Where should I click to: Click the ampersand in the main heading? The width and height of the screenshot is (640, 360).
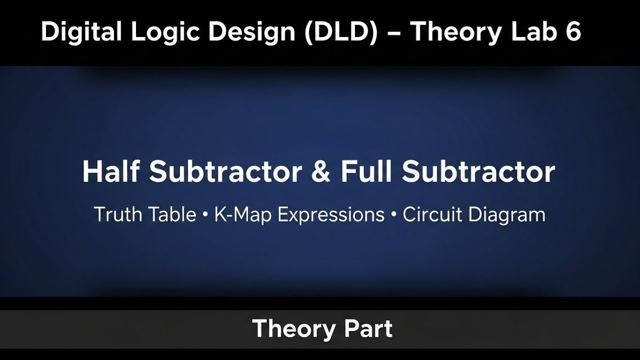click(x=320, y=172)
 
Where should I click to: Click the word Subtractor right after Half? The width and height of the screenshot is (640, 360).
click(x=225, y=172)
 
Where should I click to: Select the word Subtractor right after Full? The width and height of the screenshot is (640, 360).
click(x=478, y=172)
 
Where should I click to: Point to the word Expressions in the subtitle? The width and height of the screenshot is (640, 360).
click(x=331, y=215)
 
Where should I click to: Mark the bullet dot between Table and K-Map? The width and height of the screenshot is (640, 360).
click(x=205, y=215)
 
